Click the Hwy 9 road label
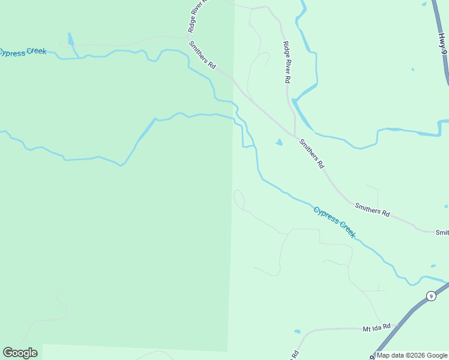(x=443, y=41)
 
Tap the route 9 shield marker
(x=430, y=296)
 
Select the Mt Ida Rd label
(x=376, y=328)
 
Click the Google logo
(x=20, y=353)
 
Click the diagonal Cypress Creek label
(x=334, y=221)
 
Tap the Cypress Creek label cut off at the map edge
(x=23, y=52)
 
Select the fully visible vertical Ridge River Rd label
(x=288, y=62)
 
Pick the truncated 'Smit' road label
(x=442, y=232)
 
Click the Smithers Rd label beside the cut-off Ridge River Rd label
(x=202, y=55)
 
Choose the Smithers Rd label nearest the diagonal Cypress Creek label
(x=372, y=209)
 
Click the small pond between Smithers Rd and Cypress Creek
(x=279, y=142)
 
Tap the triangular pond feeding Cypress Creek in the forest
(x=71, y=40)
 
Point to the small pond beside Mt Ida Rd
(x=297, y=331)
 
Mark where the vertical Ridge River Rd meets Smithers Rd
(x=295, y=135)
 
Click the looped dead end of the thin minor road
(x=238, y=196)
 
